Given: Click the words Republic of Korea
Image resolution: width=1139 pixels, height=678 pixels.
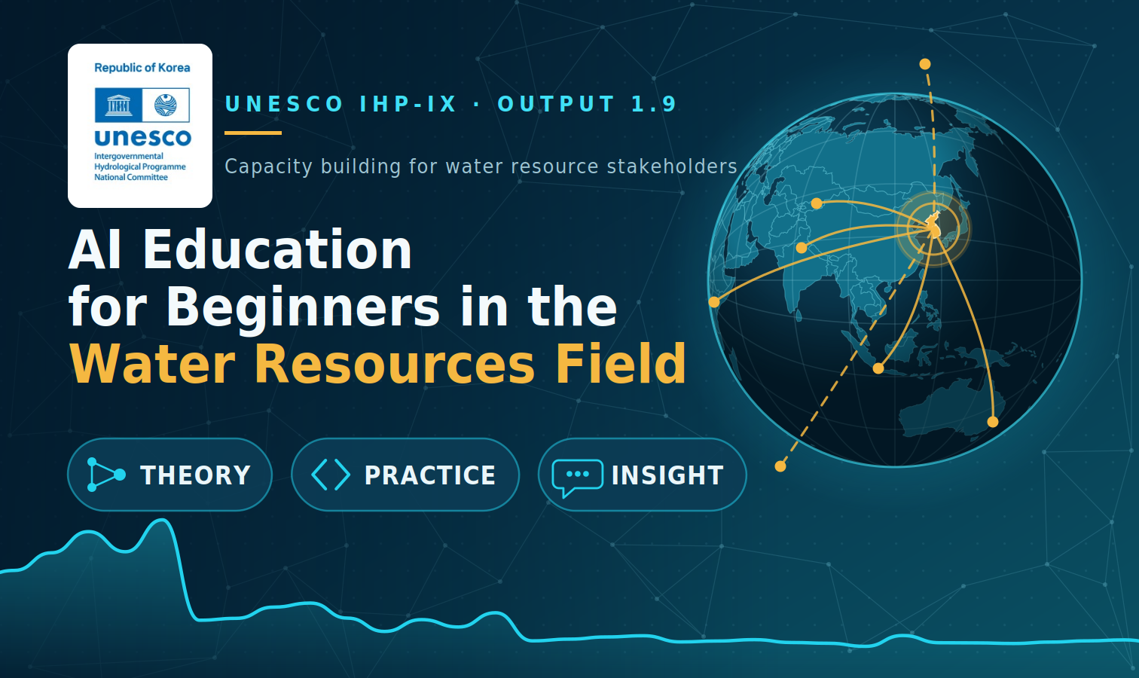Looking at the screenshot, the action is coord(142,68).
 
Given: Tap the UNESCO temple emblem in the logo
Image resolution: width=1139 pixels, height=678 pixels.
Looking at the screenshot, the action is coord(118,105).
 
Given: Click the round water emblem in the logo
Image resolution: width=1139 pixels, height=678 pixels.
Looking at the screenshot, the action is coord(166,105).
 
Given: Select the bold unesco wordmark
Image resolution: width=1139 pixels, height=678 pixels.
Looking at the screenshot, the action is coord(143,137).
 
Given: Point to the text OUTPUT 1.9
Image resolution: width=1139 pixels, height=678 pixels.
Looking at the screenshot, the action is coord(588,104).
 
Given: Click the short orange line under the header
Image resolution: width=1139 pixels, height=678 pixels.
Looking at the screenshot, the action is coord(253,133).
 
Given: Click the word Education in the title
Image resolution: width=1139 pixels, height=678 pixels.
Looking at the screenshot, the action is coord(277,250).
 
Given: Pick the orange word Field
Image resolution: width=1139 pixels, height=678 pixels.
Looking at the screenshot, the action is coord(621,364).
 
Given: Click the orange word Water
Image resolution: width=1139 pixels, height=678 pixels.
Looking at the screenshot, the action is coord(152,365).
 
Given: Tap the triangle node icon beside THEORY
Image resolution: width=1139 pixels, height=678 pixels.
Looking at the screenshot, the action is coord(105,475).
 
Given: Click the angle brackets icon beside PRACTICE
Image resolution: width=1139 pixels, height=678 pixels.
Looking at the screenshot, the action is coord(331,475).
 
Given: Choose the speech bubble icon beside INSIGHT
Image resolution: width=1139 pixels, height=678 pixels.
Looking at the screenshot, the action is coord(578,477).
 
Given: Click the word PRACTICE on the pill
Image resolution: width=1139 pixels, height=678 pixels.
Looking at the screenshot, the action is coord(430,475).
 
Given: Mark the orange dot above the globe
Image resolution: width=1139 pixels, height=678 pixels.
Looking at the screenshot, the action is coord(925,64).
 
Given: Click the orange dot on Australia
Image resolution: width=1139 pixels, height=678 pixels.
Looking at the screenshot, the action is coord(993,422).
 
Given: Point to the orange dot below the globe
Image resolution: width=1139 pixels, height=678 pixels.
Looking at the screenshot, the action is coord(780,466).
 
